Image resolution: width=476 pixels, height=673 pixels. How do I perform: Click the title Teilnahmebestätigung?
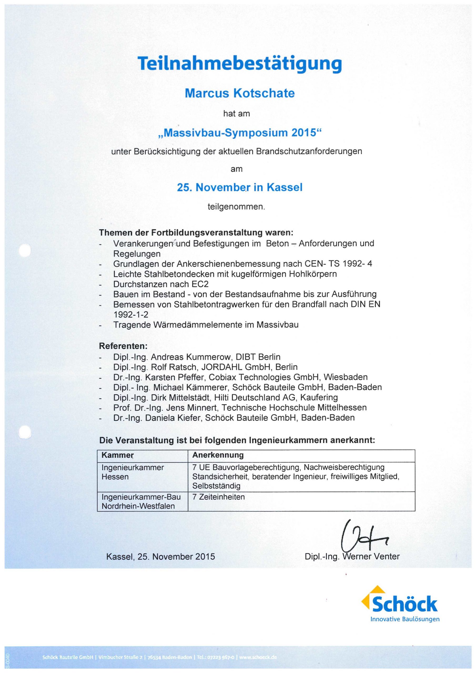tap(240, 64)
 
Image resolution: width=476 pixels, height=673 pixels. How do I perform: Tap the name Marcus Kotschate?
tap(240, 93)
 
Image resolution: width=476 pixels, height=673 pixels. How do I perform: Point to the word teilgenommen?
tap(236, 207)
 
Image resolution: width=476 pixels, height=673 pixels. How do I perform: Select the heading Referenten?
tap(123, 346)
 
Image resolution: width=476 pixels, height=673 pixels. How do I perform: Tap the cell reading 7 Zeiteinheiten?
tap(218, 497)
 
